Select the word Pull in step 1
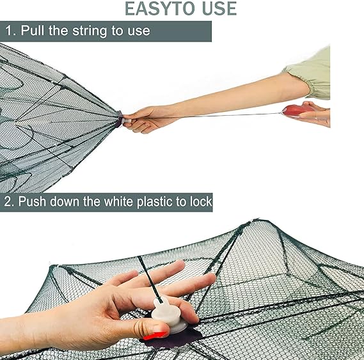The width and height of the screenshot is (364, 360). (35, 31)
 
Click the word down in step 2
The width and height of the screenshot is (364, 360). (68, 201)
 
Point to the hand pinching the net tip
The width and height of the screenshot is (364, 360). (142, 119)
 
